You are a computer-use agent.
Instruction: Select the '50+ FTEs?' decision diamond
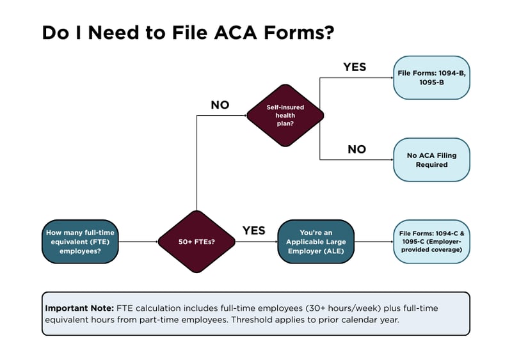pos(196,242)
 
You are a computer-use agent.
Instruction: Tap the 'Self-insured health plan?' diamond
pos(285,116)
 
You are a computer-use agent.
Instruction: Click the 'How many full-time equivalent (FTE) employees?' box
pos(80,242)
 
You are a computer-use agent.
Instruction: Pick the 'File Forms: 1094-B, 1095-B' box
pos(431,77)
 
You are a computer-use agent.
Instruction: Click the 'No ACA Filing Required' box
pos(431,160)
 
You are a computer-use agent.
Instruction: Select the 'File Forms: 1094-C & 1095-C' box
pos(431,242)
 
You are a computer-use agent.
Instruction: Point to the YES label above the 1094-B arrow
pos(355,67)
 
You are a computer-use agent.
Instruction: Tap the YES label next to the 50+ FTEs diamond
pos(253,231)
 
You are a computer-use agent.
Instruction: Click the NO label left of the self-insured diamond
pos(220,105)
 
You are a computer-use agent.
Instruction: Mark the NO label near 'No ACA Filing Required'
pos(356,150)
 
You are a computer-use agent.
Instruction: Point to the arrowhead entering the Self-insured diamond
pos(244,116)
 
